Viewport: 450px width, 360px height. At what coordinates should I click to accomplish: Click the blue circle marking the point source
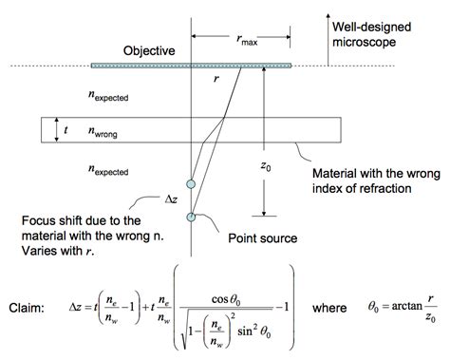coord(192,218)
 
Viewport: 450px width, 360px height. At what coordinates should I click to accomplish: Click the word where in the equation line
coord(333,309)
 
